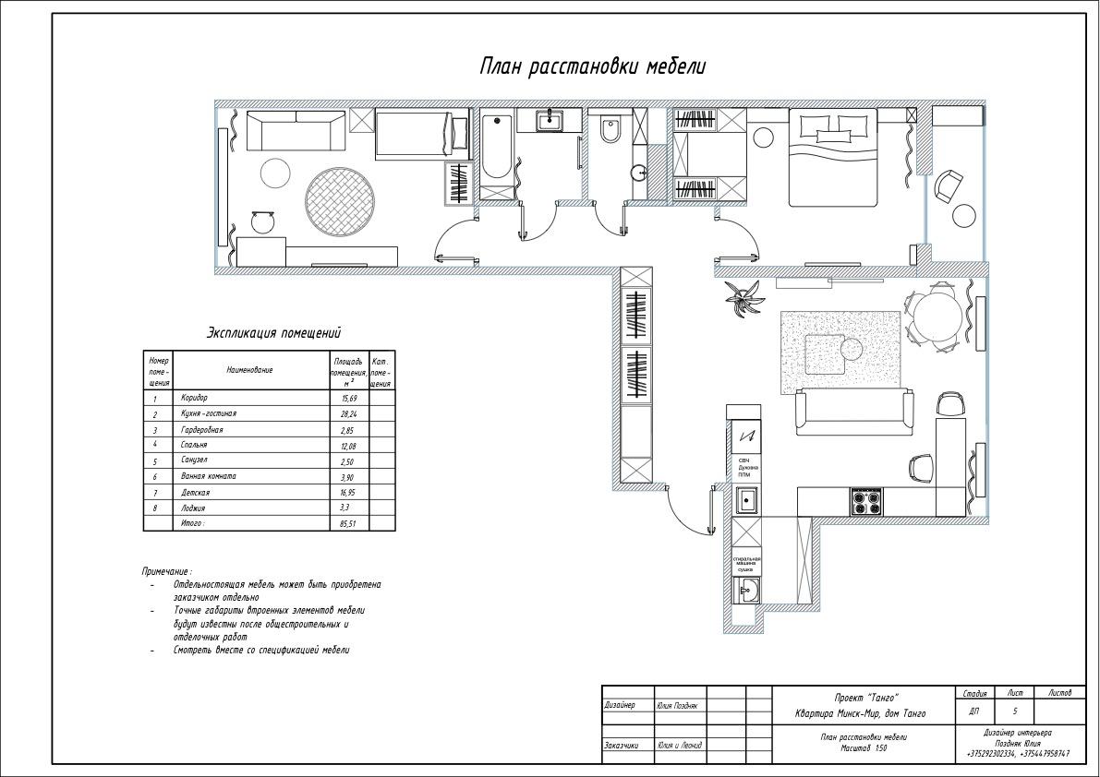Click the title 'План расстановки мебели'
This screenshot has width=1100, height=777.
[x=592, y=66]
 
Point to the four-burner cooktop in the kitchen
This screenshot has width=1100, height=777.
[x=866, y=502]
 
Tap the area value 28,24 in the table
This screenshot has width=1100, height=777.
[x=349, y=414]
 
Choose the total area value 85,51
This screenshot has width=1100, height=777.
[x=349, y=523]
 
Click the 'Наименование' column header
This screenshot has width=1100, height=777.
[x=249, y=370]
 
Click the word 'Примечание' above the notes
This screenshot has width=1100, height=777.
[x=166, y=572]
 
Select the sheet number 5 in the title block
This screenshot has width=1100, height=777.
[x=1015, y=711]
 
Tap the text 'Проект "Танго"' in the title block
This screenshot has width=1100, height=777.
[x=861, y=698]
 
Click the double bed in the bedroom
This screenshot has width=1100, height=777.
[x=832, y=156]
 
